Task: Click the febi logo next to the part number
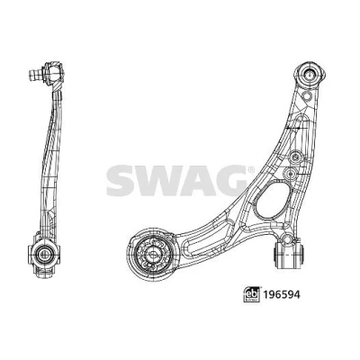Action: pos(252,294)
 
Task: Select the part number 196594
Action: pos(282,294)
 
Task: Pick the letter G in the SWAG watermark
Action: pos(229,180)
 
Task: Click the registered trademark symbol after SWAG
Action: pos(251,170)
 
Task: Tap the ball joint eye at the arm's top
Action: pos(310,74)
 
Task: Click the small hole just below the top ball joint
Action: pos(306,95)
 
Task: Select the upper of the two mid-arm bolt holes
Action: pos(295,156)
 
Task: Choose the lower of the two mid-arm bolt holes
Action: pos(291,174)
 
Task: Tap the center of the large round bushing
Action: pos(150,254)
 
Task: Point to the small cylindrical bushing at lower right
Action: pos(289,256)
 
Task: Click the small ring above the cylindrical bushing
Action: pos(287,239)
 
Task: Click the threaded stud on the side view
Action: pos(36,74)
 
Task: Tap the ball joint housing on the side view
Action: pos(53,72)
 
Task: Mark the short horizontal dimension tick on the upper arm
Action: pos(293,129)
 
